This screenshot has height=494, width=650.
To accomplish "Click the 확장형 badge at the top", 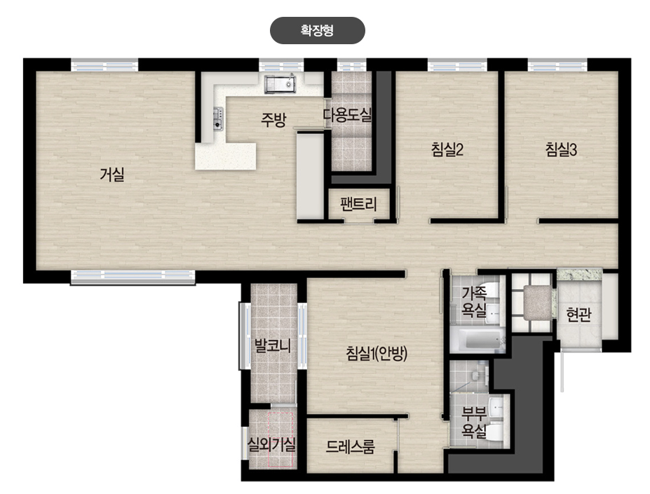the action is point(317,30).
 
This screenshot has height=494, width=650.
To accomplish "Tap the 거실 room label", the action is point(112,174).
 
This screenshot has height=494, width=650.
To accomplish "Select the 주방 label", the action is point(273,119).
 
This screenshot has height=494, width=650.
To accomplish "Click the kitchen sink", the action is point(280,84).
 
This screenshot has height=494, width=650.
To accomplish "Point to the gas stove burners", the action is point(218,118).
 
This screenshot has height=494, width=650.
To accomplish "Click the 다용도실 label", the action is point(347,115).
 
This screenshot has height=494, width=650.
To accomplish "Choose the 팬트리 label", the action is point(358,203).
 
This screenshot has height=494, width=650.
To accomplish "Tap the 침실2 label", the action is point(447,149).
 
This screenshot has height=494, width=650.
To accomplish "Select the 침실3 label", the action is point(561,149).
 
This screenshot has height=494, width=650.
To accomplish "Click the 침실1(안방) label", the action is point(377,354).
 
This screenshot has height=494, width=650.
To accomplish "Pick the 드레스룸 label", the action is point(351,446).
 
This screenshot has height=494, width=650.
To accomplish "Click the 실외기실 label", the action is point(271,445).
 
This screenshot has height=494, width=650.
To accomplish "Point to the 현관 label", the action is point(578,315).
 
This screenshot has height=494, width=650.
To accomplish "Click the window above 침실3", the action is point(557,65).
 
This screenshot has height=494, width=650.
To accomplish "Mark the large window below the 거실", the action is point(133,277).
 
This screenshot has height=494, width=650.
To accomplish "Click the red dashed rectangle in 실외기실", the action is point(280,440).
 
